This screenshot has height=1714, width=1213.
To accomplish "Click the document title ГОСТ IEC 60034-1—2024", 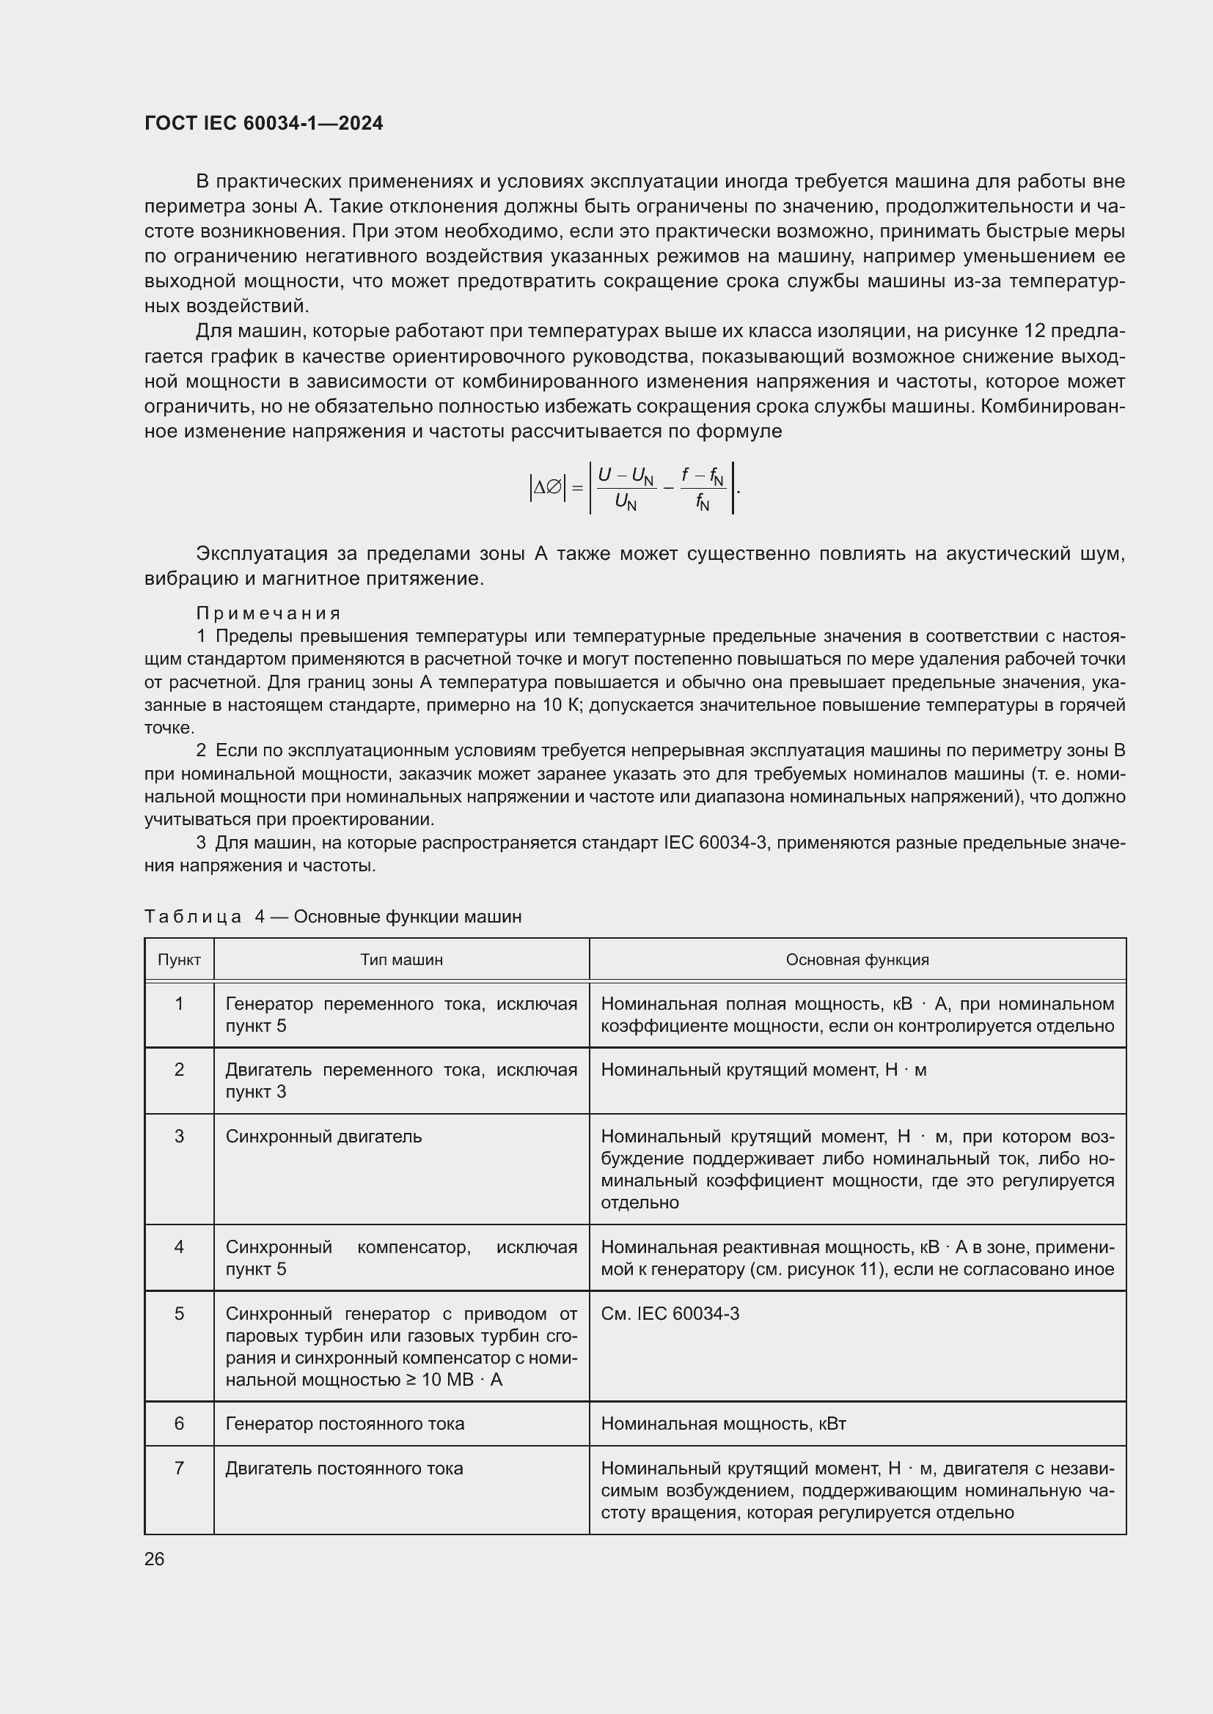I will (x=264, y=123).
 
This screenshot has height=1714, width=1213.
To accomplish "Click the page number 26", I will (x=154, y=1559).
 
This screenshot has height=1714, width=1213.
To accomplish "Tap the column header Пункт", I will (x=179, y=960).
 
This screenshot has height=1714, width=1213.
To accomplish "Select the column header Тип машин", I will (x=401, y=960).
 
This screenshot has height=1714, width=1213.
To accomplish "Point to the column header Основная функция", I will (x=857, y=960).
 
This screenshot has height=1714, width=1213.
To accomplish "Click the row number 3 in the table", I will (x=179, y=1137).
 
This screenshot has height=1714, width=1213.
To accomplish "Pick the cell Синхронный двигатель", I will (x=323, y=1137).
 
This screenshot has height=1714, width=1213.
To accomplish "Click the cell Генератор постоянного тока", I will (x=345, y=1424).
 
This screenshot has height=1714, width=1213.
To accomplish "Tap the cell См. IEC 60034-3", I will (x=670, y=1313).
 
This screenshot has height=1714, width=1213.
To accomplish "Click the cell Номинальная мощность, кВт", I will (x=723, y=1424).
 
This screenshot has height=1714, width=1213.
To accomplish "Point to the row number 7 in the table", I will (x=179, y=1469).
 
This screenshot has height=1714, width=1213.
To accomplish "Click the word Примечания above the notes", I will (x=268, y=613).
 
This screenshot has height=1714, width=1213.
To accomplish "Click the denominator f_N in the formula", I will (x=702, y=503).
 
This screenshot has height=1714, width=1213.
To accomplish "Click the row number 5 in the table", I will (x=179, y=1313).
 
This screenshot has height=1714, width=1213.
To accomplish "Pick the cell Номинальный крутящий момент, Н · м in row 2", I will (x=763, y=1070).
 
